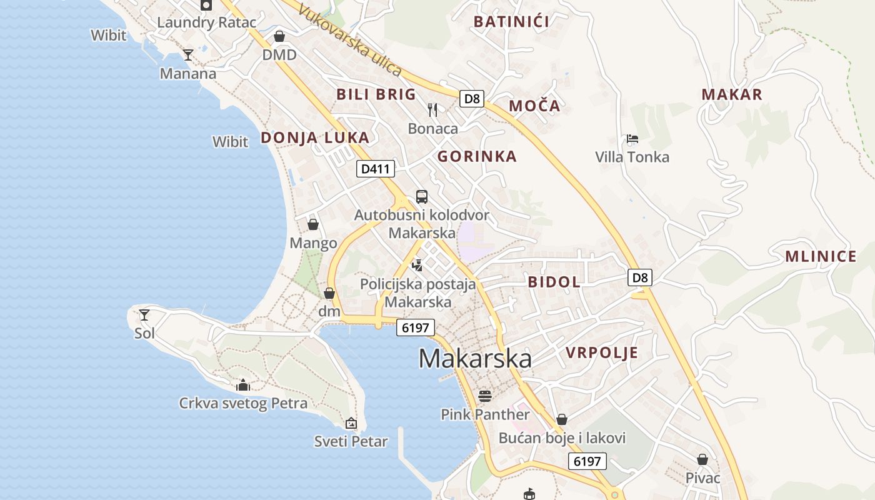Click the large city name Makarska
click(475, 359)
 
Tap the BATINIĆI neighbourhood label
click(511, 22)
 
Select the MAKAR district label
click(732, 94)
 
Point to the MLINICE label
click(821, 256)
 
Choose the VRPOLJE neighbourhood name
click(602, 352)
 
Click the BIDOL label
click(554, 282)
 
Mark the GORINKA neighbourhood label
click(477, 156)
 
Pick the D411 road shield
click(376, 169)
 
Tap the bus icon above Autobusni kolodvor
click(422, 197)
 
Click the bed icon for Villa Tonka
click(632, 139)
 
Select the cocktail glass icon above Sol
click(144, 314)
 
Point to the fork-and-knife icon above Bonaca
click(432, 110)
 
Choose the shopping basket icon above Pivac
click(702, 459)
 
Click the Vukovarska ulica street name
click(350, 41)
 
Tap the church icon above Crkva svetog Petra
click(243, 385)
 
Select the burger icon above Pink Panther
click(485, 396)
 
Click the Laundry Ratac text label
click(206, 22)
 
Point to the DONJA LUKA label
click(315, 137)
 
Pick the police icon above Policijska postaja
click(417, 266)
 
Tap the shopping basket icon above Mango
click(313, 224)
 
